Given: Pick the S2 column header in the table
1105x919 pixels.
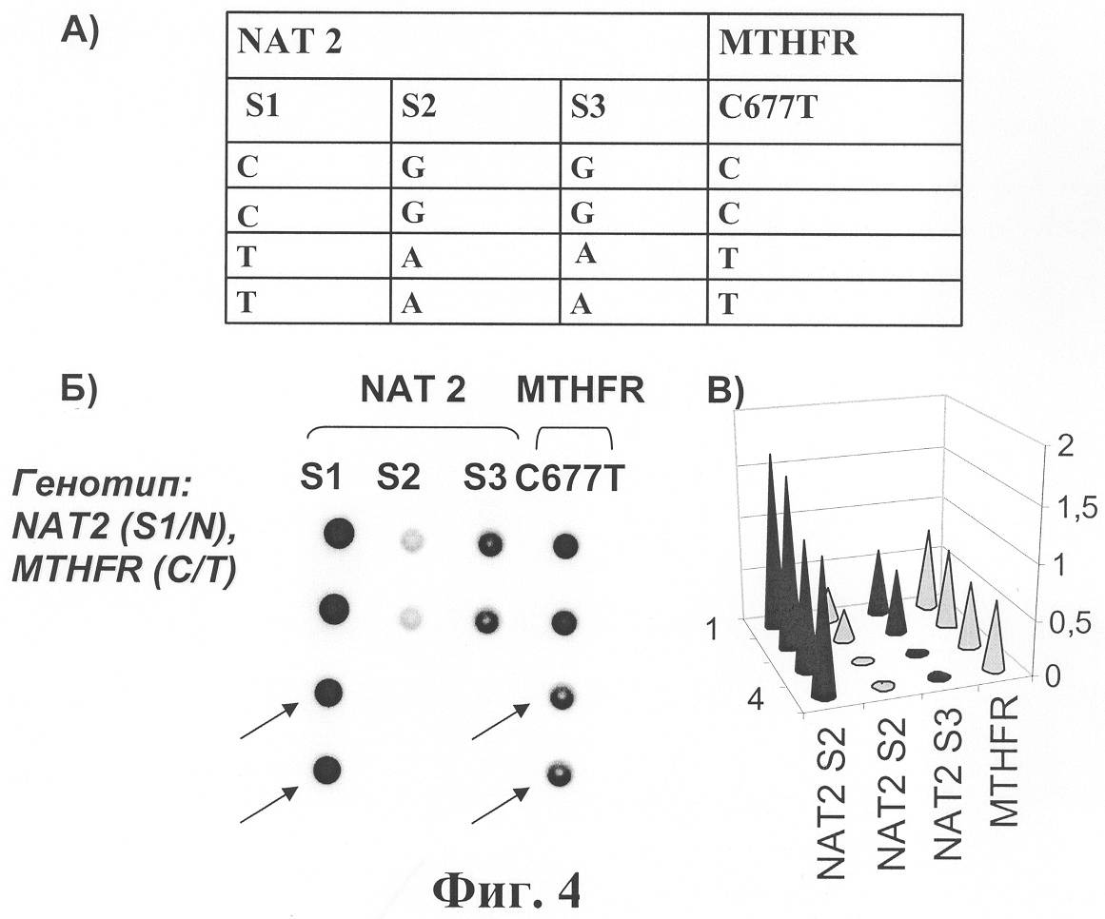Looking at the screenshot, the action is point(419,108).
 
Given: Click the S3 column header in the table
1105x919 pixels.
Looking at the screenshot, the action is point(588,108).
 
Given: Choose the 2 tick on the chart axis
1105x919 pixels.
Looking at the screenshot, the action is point(1065,446).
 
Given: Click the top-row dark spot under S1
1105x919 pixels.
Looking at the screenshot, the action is point(339,533).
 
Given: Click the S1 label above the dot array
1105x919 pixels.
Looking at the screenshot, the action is point(322,479).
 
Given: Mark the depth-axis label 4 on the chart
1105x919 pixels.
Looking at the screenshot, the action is point(755,701).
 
